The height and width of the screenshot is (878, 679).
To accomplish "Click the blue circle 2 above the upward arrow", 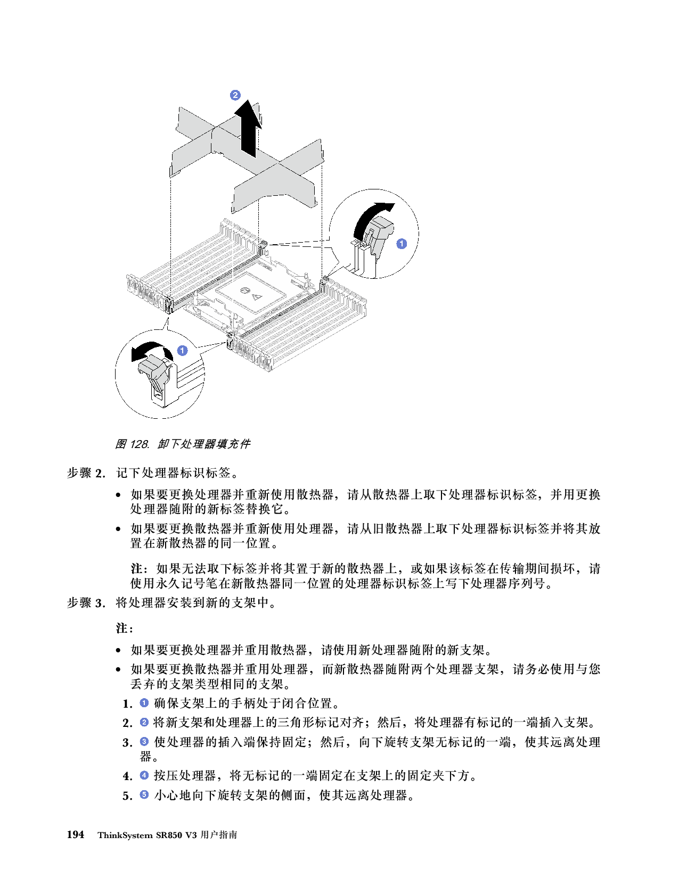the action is coord(235,95).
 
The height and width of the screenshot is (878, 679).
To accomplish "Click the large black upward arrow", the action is coord(248,128).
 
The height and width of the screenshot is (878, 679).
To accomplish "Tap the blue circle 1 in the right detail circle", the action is coord(401,244).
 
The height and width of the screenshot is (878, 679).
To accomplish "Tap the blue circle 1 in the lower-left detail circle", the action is coord(182,350).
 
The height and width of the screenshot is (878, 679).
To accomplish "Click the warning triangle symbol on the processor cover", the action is coord(256,298).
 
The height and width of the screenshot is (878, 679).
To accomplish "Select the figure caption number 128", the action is coord(140,444).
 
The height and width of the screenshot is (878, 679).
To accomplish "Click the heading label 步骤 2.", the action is coord(86,473).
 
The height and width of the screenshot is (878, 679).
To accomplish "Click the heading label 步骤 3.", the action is coord(86,603).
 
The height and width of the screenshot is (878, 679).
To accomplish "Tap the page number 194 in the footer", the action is coord(76,834).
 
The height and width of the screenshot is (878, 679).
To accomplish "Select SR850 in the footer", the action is coord(169,835).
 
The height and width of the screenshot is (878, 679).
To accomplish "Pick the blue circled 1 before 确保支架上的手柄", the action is coord(144,702).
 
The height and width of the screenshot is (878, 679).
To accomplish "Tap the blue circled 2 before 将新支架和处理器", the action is coord(144,722).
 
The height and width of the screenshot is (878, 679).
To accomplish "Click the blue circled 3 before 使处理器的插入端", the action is coord(144,741).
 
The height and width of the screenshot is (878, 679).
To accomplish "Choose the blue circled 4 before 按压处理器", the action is coord(144,775).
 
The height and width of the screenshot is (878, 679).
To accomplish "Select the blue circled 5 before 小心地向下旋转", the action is coord(144,795).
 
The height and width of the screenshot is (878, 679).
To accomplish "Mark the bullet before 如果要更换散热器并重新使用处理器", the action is coord(118,529).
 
